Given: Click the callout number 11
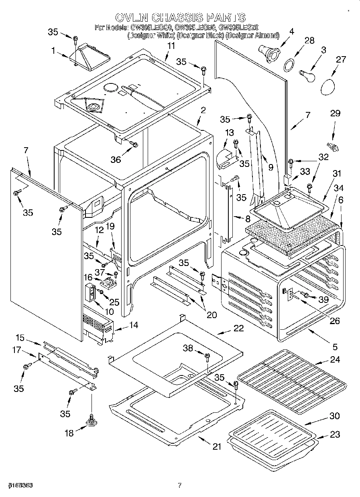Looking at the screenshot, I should point(171,46).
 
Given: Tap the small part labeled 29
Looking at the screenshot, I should point(333,146).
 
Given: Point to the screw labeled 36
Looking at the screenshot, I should point(134,144).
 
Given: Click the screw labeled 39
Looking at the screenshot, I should point(306,296).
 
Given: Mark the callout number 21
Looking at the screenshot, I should point(217,447).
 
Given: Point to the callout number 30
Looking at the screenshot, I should point(334,416).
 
